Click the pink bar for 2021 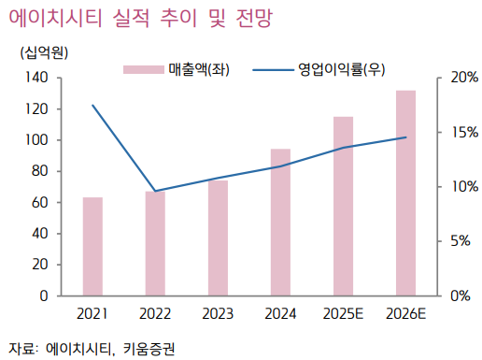(x=92, y=247)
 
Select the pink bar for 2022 (x=155, y=244)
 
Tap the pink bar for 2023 (x=218, y=238)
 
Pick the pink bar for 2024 (x=280, y=223)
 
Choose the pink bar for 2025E (x=343, y=207)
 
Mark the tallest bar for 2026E (x=405, y=194)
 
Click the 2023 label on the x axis (x=218, y=313)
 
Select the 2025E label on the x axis (x=343, y=313)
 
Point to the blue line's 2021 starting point (x=92, y=106)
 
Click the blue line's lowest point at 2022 (x=155, y=191)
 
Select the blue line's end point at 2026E (x=405, y=137)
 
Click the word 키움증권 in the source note (x=148, y=348)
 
